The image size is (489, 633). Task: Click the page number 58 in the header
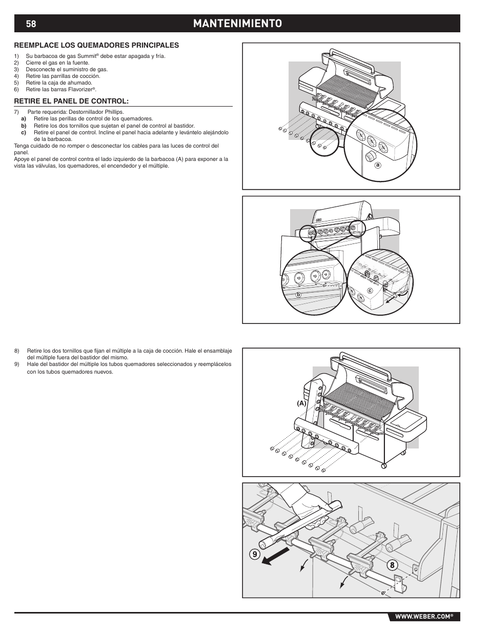coord(31,24)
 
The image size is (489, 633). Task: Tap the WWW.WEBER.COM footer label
coord(422,617)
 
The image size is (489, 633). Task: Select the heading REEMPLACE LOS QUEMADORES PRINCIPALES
coord(96,45)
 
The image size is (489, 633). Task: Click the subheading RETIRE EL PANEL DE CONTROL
coord(71,100)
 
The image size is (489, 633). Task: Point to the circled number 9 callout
coord(255,554)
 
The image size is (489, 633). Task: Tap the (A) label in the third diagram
coord(300,403)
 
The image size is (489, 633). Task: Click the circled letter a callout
coord(378,165)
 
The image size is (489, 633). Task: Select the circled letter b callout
coord(298,295)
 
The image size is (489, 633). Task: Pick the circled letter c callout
coord(369,291)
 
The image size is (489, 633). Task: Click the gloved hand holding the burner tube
coord(308,507)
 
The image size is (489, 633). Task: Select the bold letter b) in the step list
coord(24,125)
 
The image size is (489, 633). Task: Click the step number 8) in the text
coord(16,351)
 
